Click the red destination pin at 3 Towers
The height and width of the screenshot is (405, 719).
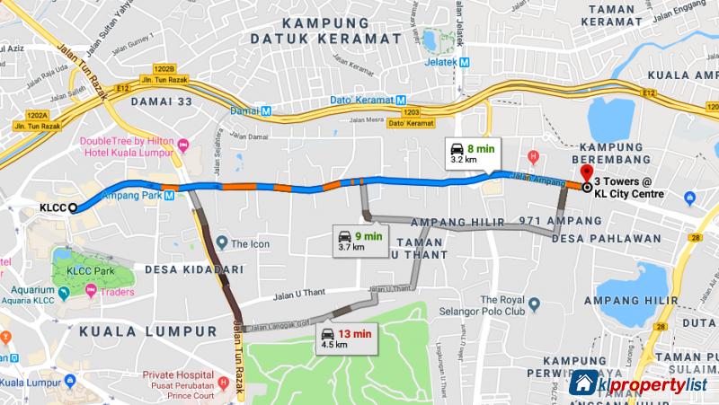pos(587,173)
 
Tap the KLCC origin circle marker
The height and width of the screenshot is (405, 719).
pos(71,207)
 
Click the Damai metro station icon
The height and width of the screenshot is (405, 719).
pos(266,111)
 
